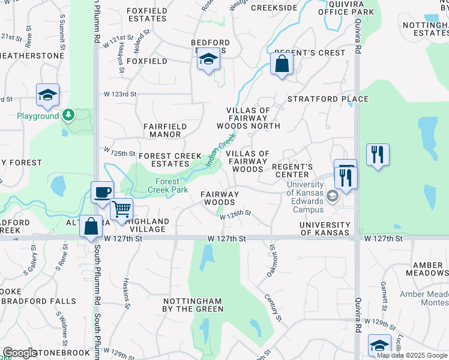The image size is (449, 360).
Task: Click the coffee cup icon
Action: coord(102,193)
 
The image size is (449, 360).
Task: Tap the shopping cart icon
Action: coord(122,209)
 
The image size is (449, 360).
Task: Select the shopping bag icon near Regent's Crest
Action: coord(282,64)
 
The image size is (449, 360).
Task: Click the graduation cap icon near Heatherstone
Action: coord(47,95)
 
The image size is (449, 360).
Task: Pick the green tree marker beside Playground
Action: coord(68,115)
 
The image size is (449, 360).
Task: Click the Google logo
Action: coord(20,353)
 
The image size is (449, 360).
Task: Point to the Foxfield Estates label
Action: coord(147,14)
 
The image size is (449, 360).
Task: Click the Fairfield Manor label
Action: coord(165,130)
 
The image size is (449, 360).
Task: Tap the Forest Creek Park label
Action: coord(167,185)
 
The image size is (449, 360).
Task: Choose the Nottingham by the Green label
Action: coord(193,304)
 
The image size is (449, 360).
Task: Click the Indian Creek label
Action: coord(220,152)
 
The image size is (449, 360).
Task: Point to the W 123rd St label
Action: coord(121,94)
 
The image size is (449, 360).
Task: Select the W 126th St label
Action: coord(235,214)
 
